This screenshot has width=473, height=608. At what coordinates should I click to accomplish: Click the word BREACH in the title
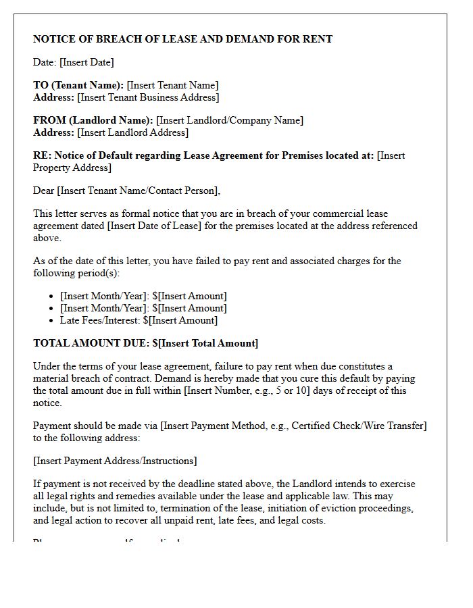click(x=112, y=39)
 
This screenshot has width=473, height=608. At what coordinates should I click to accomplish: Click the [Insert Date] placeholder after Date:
click(x=86, y=62)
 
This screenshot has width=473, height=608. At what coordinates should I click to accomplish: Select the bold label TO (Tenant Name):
click(x=78, y=85)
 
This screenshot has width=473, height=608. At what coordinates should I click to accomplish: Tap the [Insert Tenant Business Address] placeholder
click(x=148, y=97)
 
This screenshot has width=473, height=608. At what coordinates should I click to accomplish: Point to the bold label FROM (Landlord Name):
click(x=93, y=120)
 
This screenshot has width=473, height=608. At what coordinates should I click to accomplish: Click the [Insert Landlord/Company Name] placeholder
click(x=230, y=120)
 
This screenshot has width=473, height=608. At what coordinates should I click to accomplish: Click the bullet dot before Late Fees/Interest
click(x=52, y=321)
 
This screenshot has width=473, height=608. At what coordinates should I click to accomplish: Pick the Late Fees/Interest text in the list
click(x=100, y=320)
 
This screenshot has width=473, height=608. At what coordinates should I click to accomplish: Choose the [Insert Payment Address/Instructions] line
click(x=115, y=461)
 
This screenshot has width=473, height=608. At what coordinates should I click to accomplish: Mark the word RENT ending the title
click(x=317, y=39)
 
